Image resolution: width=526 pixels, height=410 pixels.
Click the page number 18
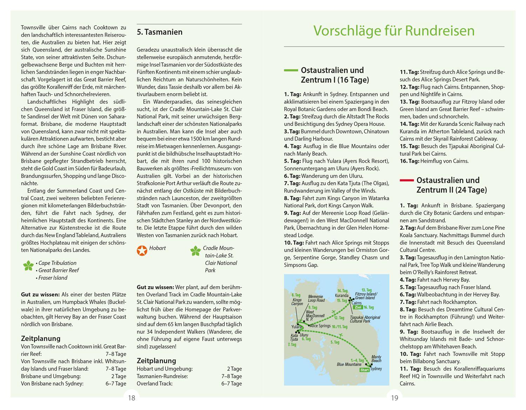131,398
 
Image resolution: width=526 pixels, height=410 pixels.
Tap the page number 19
394,398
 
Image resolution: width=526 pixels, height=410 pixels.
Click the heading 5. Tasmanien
160,32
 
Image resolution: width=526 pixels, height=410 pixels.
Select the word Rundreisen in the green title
440,31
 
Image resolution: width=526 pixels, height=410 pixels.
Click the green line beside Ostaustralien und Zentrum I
290,70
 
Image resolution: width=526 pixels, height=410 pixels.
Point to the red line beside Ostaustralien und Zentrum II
406,180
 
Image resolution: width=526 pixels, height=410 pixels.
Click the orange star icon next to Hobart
142,250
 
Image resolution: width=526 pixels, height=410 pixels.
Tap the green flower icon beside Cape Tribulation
28,266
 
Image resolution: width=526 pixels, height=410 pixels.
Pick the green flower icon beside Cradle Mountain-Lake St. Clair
195,250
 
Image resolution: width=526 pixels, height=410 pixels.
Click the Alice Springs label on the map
320,326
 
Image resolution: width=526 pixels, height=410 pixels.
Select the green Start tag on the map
365,370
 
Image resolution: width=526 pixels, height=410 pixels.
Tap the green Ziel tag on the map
358,307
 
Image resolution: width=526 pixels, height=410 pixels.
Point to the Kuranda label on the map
342,295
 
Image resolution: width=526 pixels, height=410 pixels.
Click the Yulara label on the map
296,327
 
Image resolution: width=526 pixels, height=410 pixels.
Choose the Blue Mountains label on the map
349,364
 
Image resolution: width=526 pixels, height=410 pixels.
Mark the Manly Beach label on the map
376,359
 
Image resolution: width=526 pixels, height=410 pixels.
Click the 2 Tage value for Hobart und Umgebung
234,369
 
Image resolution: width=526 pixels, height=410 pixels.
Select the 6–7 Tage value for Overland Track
231,383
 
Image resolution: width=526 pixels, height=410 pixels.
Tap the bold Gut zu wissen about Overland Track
155,287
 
